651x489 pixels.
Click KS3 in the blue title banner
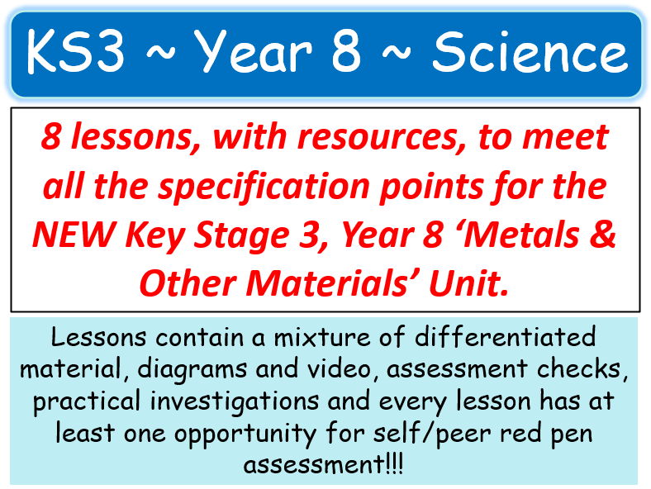pos(75,54)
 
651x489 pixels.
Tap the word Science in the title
pos(530,54)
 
